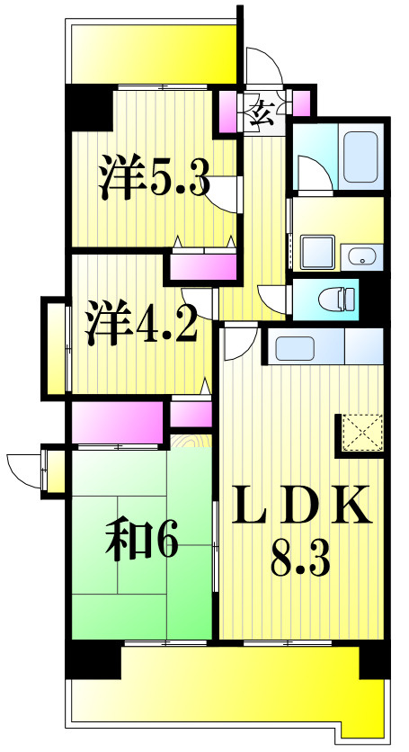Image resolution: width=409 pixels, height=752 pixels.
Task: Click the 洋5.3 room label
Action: click(x=154, y=179)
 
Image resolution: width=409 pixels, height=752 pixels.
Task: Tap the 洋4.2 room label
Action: click(x=141, y=325)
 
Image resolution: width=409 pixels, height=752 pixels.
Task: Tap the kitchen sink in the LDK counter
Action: click(x=294, y=346)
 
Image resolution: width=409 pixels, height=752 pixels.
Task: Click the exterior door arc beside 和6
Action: click(x=23, y=470)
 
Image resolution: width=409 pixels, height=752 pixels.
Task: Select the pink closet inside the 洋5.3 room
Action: click(x=203, y=267)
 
